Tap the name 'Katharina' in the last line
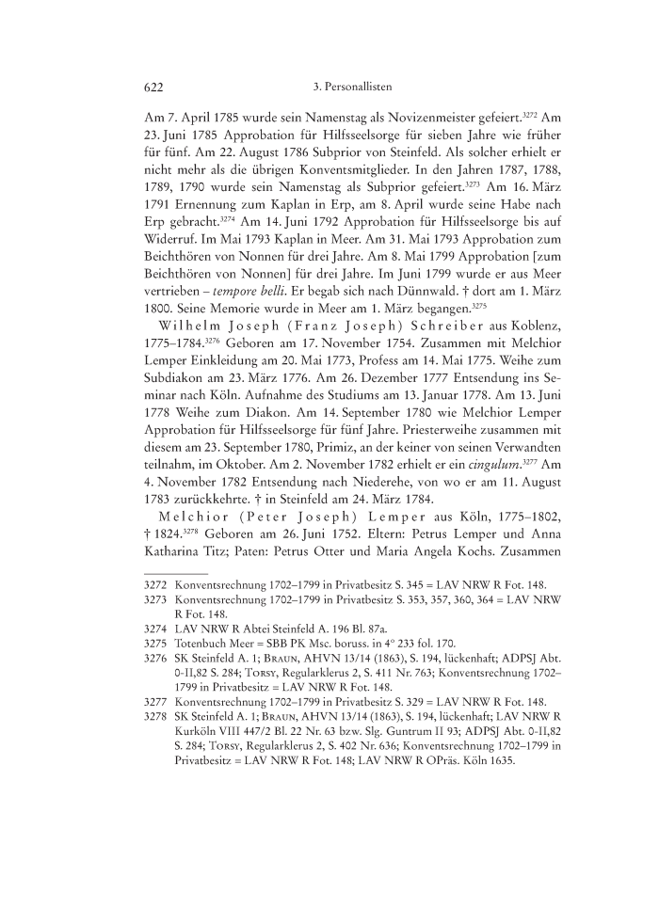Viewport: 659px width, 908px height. (x=173, y=577)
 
